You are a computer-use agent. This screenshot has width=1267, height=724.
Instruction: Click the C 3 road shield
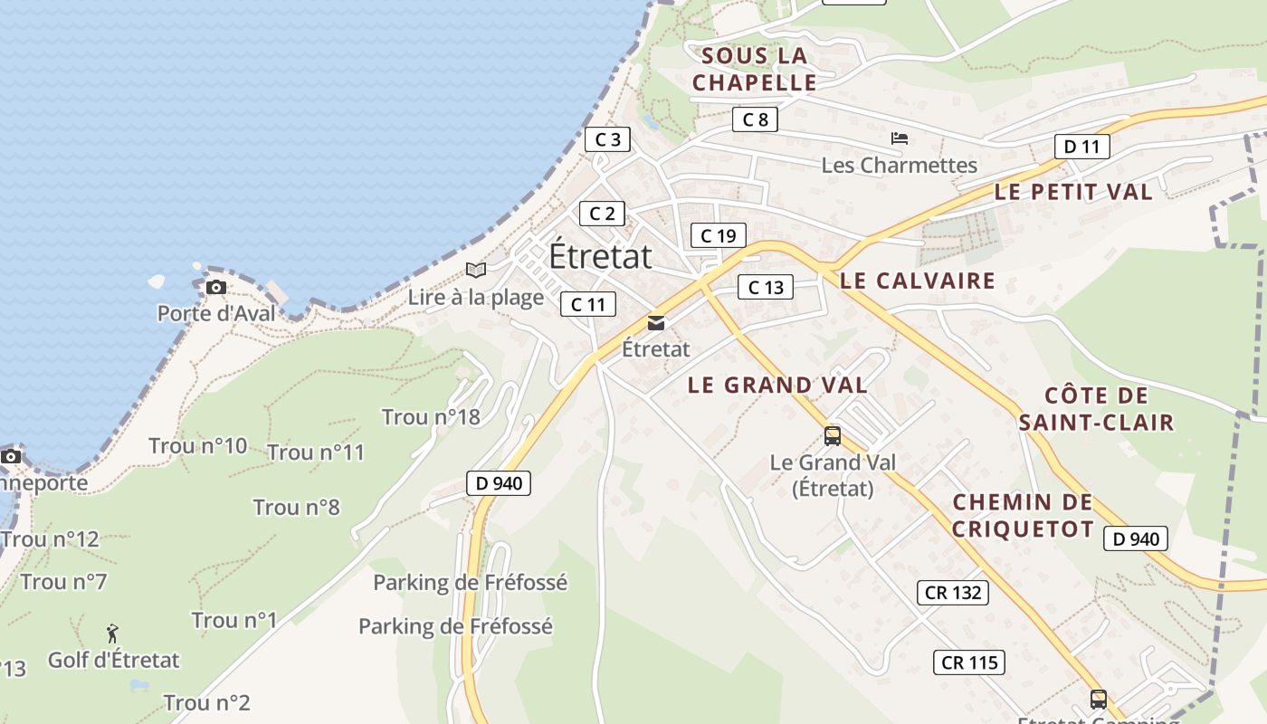(607, 139)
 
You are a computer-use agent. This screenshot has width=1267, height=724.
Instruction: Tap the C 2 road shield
(602, 214)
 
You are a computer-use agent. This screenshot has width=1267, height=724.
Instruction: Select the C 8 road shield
(755, 119)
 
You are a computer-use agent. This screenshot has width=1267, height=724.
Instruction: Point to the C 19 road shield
(718, 236)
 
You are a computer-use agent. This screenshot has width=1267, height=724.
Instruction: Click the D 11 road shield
(1081, 147)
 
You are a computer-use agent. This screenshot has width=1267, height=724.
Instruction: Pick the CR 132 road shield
(953, 593)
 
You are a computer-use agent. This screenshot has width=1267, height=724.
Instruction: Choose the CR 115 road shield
(969, 662)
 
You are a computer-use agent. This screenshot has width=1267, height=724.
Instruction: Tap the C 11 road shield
(588, 305)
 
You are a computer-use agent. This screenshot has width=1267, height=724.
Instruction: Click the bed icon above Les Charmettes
(900, 138)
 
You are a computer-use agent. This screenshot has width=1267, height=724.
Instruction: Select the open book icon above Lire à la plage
(476, 270)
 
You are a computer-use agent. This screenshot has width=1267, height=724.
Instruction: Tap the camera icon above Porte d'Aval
(215, 288)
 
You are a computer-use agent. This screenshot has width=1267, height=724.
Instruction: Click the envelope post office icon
(656, 323)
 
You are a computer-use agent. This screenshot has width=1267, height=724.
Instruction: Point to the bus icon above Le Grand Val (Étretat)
(833, 436)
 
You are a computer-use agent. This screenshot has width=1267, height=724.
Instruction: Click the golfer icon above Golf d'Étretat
(113, 633)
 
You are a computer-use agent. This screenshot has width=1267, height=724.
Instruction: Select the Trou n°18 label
(431, 417)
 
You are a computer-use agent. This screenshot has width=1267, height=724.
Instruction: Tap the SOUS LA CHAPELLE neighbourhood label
(755, 70)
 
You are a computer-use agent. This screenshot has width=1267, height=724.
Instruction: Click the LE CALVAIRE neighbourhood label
(918, 281)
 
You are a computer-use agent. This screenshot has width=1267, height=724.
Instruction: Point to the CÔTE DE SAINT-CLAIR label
(1096, 409)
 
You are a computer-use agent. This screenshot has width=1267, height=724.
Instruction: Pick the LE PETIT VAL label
(1073, 192)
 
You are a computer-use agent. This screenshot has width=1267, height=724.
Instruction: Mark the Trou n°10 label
(197, 446)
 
